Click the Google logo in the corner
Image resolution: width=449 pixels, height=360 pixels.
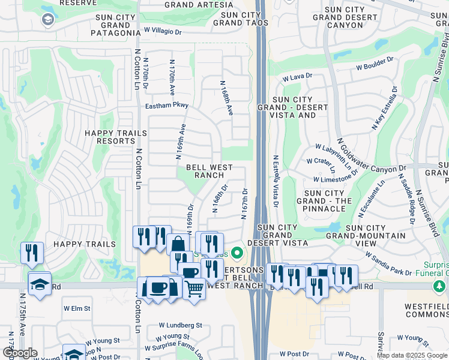(19, 353)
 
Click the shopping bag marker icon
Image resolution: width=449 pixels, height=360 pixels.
(178, 245)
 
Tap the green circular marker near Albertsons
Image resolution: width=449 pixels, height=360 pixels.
(237, 253)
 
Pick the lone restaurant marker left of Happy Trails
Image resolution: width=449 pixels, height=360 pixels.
(31, 253)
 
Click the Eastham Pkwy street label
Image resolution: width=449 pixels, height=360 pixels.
(166, 106)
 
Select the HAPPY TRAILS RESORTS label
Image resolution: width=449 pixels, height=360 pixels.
(116, 137)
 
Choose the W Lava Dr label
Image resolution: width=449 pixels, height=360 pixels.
(298, 76)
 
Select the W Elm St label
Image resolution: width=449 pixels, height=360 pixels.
(77, 308)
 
